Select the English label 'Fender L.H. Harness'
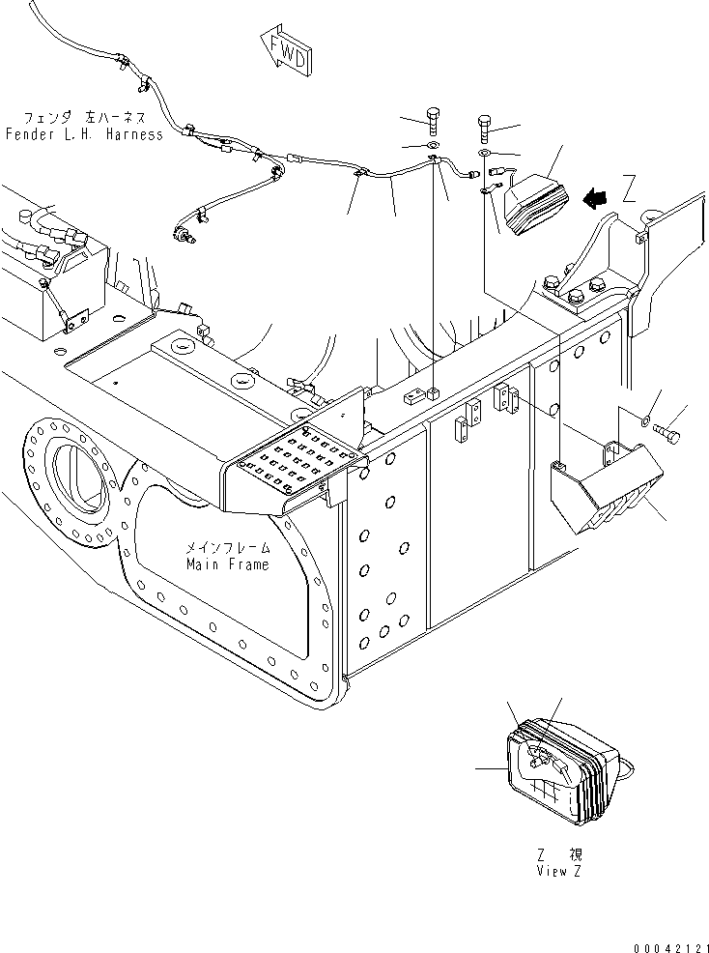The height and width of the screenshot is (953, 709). [84, 134]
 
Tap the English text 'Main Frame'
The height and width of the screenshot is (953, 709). [228, 564]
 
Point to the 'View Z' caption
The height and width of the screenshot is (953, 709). [559, 871]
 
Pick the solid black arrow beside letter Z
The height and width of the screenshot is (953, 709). [596, 198]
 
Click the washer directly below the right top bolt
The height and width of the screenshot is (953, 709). [484, 154]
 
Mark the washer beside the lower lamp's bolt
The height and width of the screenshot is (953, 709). [644, 419]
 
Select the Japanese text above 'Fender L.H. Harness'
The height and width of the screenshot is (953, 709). [84, 117]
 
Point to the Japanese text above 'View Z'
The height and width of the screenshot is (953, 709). [560, 854]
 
